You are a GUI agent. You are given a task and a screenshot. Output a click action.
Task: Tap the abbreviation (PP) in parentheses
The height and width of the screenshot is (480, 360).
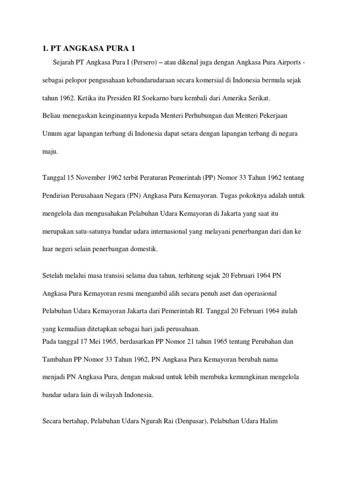tap(210, 178)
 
